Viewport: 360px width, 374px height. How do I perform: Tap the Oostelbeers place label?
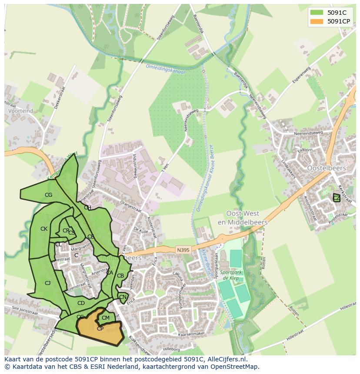(326, 168)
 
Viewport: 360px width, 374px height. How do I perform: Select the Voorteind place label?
(20, 111)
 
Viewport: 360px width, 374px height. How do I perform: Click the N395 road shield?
(183, 250)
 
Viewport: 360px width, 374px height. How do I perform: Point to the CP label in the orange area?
(100, 329)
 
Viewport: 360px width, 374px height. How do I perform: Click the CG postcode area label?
(48, 195)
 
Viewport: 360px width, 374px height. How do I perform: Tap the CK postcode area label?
(44, 229)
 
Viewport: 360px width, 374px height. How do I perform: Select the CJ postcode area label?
(48, 283)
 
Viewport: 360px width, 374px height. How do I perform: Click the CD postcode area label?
(81, 303)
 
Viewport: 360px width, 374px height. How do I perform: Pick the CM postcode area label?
(106, 318)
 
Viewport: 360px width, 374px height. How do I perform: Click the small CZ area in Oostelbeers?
(336, 198)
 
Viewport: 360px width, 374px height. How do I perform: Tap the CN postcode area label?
(123, 298)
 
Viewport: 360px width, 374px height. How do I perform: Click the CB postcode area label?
(120, 276)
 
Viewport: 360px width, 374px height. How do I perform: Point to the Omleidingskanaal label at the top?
(165, 69)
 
